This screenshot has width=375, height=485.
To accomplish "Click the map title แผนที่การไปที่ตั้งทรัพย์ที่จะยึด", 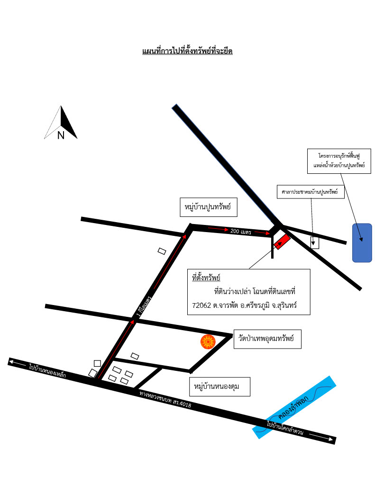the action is [187, 51].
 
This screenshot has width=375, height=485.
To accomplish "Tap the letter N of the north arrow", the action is [61, 135].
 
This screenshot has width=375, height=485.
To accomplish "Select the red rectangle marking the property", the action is [282, 242].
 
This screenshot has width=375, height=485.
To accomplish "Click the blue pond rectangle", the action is [362, 243].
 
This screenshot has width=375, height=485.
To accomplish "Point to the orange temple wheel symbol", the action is [208, 342].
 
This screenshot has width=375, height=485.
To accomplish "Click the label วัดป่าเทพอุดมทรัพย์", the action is [266, 338].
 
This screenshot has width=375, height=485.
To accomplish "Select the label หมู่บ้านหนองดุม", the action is [217, 386].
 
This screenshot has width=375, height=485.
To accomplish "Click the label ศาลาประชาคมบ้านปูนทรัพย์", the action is [310, 192].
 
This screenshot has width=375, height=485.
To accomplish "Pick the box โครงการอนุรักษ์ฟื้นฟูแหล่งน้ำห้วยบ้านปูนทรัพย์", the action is [339, 161].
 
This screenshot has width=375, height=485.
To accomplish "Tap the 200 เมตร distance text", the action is [241, 231].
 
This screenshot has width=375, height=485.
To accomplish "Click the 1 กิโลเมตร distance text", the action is [144, 306].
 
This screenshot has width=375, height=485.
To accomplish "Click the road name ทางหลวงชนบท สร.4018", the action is [165, 399].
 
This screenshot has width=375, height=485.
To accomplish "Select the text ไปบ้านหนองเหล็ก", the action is [47, 370].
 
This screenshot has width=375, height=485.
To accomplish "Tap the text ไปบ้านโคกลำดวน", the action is [285, 428].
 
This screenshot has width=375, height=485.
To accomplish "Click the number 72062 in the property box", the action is [201, 305].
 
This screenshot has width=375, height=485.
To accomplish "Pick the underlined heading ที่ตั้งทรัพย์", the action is [206, 278].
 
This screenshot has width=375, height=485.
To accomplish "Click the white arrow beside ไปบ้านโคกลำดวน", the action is [321, 437].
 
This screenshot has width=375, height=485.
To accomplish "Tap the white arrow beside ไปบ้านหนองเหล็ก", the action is [18, 363].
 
